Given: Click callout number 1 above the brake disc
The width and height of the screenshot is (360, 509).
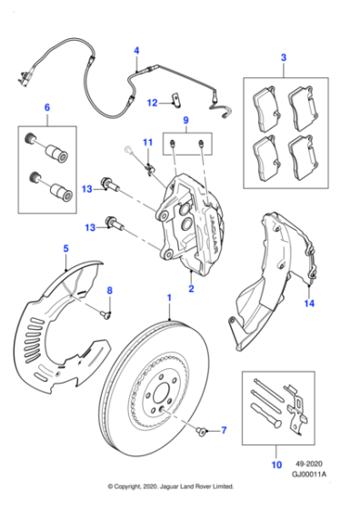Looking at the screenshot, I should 168,298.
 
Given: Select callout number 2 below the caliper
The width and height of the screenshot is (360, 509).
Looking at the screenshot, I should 191,289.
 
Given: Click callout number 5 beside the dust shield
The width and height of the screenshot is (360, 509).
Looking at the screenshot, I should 65,248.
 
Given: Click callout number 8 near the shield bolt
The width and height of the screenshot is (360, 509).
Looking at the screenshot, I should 110,290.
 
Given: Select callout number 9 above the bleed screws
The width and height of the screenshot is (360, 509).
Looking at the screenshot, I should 185,121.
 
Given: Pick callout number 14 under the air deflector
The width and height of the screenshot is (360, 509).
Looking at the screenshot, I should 309,304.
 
